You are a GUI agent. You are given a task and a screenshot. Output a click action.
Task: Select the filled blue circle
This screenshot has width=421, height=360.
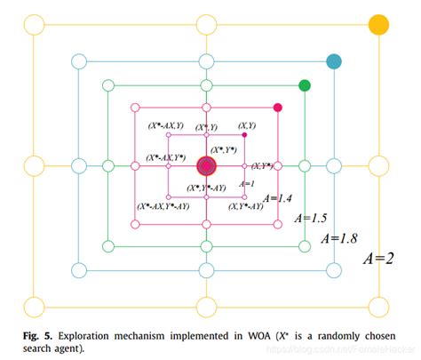pos(334,61)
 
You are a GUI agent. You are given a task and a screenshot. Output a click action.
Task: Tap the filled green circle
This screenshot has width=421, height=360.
pos(305,85)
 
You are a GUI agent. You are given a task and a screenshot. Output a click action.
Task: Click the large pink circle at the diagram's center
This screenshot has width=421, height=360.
pos(207,165)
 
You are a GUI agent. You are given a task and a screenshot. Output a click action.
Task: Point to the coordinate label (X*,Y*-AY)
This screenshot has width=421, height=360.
pos(206,188)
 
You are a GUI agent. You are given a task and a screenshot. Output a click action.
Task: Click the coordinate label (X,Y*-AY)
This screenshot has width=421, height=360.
pos(244,206)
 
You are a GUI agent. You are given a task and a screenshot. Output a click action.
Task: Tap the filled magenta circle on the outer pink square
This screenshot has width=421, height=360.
pos(278,108)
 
